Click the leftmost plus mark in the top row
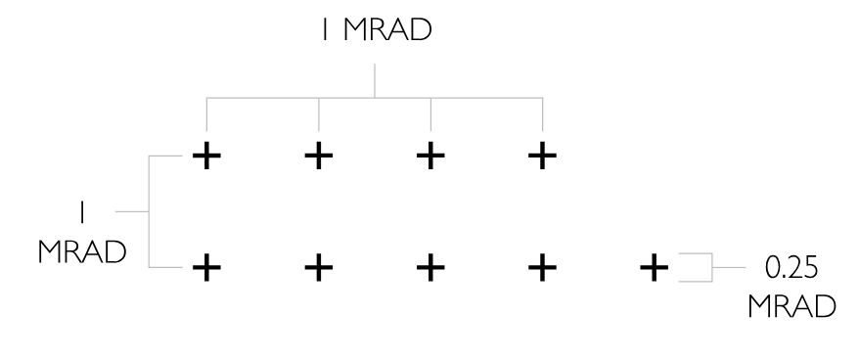[x=206, y=157]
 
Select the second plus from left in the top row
[x=318, y=157]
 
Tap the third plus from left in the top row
[x=430, y=157]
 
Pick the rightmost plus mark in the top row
[x=542, y=157]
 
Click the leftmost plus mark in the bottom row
[x=206, y=268]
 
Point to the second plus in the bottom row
[x=318, y=268]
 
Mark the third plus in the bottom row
[x=430, y=268]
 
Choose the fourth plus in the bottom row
[x=542, y=268]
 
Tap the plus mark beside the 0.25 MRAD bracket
[x=655, y=268]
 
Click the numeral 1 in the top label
[x=326, y=30]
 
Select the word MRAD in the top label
[x=387, y=30]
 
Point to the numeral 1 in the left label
[x=82, y=212]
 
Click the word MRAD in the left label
[x=83, y=252]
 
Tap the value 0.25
[x=791, y=268]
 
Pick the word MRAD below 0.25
[x=792, y=307]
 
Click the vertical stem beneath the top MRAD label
[x=375, y=80]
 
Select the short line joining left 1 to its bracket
[x=132, y=211]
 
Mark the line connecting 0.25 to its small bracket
[x=729, y=268]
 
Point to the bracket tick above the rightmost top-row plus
[x=542, y=114]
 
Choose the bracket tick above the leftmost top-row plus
[x=206, y=114]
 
